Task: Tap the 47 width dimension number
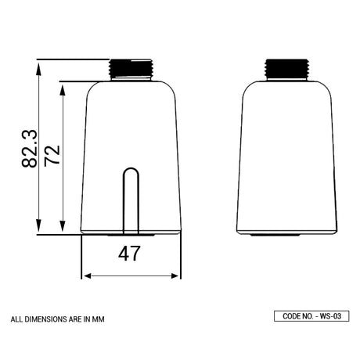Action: pyautogui.click(x=129, y=254)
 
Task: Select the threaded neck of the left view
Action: pyautogui.click(x=131, y=69)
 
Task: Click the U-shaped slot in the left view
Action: pyautogui.click(x=131, y=200)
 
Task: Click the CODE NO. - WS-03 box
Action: pyautogui.click(x=311, y=316)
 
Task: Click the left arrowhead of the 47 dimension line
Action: pyautogui.click(x=85, y=275)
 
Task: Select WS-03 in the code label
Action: pyautogui.click(x=332, y=316)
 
